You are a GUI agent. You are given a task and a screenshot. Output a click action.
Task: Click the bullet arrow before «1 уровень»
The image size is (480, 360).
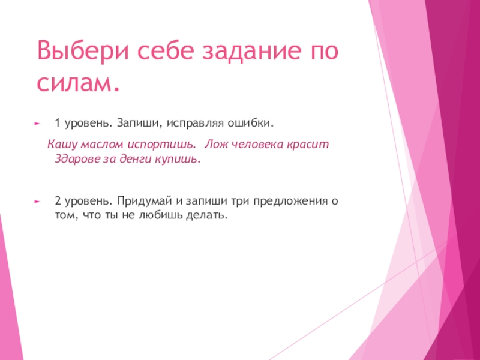click(37, 123)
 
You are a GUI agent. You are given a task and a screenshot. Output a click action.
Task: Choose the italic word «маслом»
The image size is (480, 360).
click(98, 146)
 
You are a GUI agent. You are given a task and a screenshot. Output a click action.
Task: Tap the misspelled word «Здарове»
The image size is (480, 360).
click(74, 160)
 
